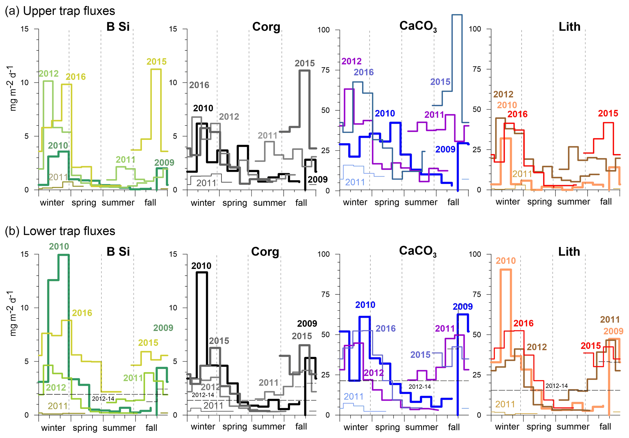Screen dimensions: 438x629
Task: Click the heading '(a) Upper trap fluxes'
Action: tap(60, 11)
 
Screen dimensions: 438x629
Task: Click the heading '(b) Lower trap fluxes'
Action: tap(60, 231)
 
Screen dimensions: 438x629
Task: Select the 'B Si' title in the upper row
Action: tap(118, 27)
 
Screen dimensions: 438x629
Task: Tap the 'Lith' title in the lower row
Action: tap(569, 252)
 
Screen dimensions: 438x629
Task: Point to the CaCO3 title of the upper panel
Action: tap(418, 26)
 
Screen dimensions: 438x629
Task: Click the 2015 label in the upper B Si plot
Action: tap(156, 62)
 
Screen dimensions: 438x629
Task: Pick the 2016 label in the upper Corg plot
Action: tap(199, 85)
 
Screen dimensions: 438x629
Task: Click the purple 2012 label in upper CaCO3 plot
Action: tap(351, 61)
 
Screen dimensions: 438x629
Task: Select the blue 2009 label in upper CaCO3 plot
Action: tap(445, 149)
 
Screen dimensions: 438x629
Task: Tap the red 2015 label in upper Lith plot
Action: tap(608, 113)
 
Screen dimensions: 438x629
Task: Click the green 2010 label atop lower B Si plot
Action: tap(59, 246)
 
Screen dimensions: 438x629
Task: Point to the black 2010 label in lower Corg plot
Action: tap(201, 266)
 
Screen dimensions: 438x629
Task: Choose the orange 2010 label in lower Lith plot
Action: tap(506, 260)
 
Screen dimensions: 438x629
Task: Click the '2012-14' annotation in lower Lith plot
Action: tap(557, 386)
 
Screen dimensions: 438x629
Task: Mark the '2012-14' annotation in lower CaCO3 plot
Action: tap(420, 387)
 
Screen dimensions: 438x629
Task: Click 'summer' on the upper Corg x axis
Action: tap(269, 203)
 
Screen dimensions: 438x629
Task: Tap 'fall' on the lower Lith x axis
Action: tap(605, 426)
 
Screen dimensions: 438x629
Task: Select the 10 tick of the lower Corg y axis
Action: tap(173, 308)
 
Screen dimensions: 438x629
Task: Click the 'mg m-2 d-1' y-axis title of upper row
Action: tap(13, 88)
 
